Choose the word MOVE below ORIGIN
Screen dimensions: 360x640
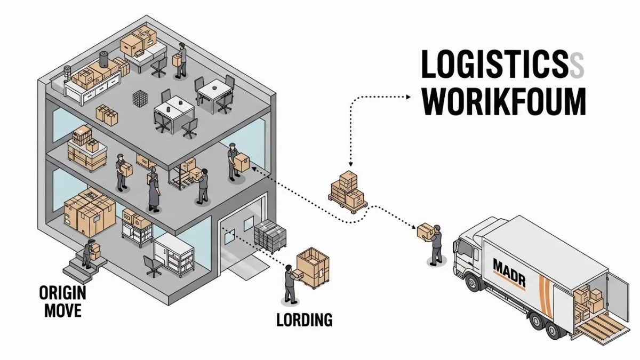[63, 310]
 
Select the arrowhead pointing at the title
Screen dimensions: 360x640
[408, 97]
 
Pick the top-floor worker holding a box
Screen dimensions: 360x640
[181, 60]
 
